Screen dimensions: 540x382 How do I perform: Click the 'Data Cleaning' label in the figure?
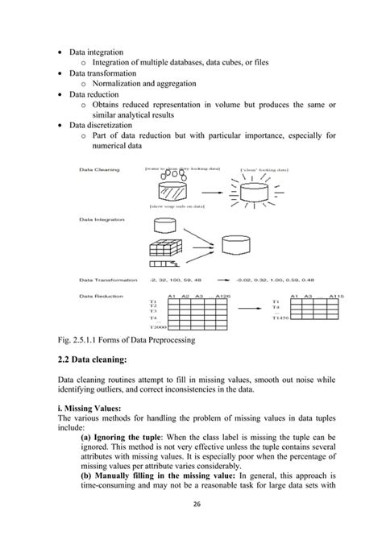tap(99, 170)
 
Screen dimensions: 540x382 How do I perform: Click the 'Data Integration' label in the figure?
tap(102, 218)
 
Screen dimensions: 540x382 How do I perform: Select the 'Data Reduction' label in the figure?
tap(100, 297)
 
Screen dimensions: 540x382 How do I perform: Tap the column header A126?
tap(225, 297)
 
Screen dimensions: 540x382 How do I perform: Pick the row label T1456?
tap(281, 318)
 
